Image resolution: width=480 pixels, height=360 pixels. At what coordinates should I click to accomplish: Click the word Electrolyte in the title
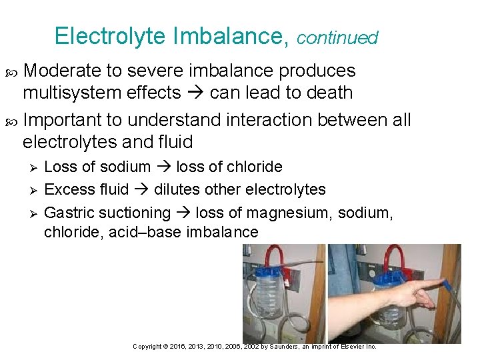pyautogui.click(x=110, y=36)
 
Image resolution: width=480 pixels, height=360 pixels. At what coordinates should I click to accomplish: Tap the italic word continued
pyautogui.click(x=337, y=38)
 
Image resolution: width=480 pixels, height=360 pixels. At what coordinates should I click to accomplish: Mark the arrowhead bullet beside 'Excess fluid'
pyautogui.click(x=29, y=190)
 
